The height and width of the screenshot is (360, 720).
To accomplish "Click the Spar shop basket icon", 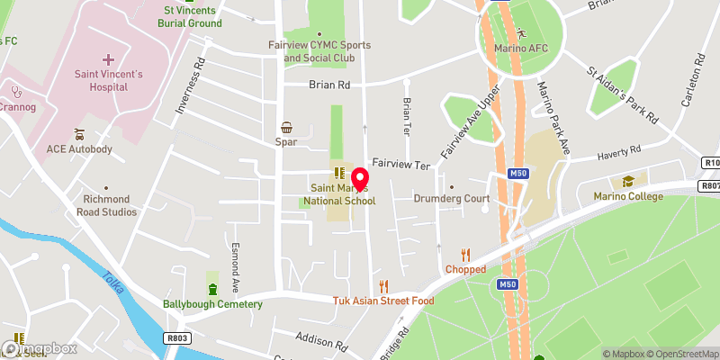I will [287, 128].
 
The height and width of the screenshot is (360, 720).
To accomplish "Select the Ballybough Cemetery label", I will [212, 303].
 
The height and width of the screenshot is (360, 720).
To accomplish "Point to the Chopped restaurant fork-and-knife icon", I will [465, 255].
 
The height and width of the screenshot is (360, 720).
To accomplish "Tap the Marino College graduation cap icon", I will [642, 182].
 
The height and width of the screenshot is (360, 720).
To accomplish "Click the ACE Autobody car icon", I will [79, 132].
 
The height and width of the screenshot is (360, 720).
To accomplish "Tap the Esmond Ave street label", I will [235, 267].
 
